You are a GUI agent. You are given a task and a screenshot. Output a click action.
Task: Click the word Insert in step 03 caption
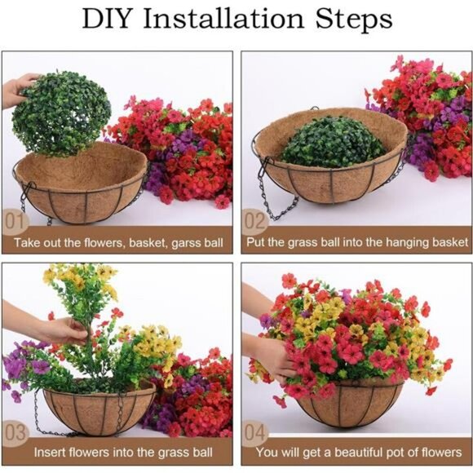pos(51,451)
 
